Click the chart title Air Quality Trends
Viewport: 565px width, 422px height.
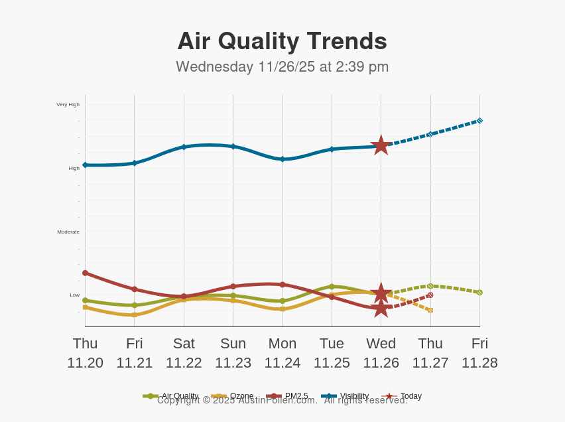coord(282,41)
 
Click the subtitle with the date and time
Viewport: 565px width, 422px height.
coord(282,67)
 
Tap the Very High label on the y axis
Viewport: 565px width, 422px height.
coord(68,104)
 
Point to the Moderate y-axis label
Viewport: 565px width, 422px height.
coord(68,232)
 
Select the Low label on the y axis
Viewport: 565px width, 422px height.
coord(75,295)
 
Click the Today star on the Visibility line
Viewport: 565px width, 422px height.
coord(381,145)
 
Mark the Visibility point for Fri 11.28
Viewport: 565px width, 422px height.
coord(479,121)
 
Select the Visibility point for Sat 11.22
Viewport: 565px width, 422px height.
coord(184,147)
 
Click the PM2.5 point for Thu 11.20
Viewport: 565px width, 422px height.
coord(85,273)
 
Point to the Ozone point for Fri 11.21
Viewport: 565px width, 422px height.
coord(135,315)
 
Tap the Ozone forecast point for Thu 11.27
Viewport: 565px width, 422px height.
coord(430,310)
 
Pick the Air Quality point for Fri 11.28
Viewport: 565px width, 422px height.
coord(479,293)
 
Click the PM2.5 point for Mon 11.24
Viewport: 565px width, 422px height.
coord(282,285)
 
